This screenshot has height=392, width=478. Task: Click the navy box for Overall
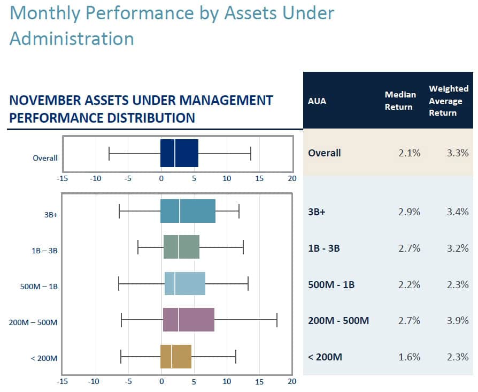tap(180, 153)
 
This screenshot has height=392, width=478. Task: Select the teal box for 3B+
tap(188, 211)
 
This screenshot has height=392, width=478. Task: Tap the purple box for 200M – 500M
tap(188, 320)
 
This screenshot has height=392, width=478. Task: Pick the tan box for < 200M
tap(176, 357)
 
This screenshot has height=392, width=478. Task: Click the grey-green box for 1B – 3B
tap(181, 247)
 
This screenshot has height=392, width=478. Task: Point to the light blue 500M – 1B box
tap(185, 283)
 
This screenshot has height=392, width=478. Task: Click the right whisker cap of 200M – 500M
tap(277, 320)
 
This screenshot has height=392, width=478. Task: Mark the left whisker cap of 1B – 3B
tap(138, 247)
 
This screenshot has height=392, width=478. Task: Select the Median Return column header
tap(400, 101)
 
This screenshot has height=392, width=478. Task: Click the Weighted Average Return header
tap(448, 101)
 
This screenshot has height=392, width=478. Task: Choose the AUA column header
tap(317, 101)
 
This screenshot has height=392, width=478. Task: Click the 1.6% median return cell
tap(409, 357)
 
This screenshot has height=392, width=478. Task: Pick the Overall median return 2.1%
tap(409, 153)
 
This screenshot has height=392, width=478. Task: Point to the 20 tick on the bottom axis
tap(291, 382)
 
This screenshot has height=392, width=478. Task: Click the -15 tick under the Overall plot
tap(63, 178)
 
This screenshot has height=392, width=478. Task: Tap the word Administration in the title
tap(72, 39)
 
